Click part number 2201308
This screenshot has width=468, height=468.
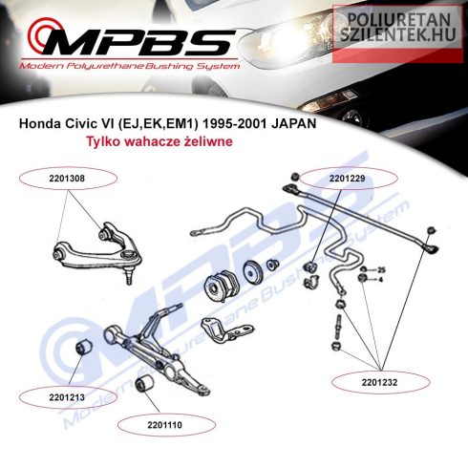coord(67,179)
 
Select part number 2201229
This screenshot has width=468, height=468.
coord(348,179)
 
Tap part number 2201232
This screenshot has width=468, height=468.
coord(379,382)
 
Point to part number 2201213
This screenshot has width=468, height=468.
coord(67,397)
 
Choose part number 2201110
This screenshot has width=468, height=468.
coord(164,425)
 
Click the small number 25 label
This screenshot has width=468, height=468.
coord(381,270)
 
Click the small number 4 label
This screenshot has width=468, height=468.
coord(380,280)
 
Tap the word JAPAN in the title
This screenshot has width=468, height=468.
coord(293,123)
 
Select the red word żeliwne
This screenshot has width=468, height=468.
coord(208,141)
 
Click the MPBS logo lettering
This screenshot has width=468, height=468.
coord(134,40)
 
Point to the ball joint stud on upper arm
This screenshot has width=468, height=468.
coord(129,276)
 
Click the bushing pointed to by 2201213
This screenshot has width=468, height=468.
coord(84,347)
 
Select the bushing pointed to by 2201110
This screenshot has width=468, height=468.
coord(144,383)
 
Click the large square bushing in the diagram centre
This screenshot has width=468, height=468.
coord(221,285)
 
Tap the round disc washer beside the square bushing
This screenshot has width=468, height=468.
coord(253,271)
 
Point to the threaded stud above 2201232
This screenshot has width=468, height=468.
coord(338,327)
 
